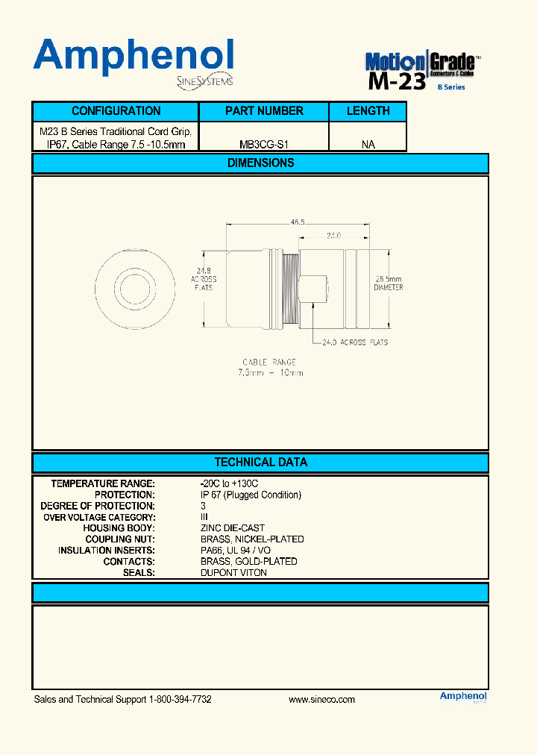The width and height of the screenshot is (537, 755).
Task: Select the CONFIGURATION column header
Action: pos(116,111)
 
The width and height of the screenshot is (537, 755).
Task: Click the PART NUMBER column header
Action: pos(264,111)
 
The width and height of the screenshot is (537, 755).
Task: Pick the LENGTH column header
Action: pos(368,111)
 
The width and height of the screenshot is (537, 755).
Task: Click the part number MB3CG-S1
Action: pos(264,144)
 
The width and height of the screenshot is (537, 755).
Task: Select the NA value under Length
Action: pos(368,144)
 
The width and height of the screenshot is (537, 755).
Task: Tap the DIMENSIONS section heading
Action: pos(260,163)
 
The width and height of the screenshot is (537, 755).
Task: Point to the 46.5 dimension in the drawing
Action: pos(297,222)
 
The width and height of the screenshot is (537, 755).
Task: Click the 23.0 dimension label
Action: pos(333,235)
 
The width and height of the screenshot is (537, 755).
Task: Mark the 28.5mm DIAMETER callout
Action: pos(388,283)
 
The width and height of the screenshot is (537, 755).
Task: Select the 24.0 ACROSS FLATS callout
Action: pos(354,342)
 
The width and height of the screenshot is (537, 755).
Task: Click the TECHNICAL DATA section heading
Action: pos(260,462)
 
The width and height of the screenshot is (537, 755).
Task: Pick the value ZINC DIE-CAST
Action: pos(232,528)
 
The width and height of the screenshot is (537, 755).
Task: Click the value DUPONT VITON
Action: pos(233,572)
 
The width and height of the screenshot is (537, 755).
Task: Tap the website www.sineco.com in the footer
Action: pos(321,700)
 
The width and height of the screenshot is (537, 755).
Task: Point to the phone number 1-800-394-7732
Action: pos(180,700)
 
